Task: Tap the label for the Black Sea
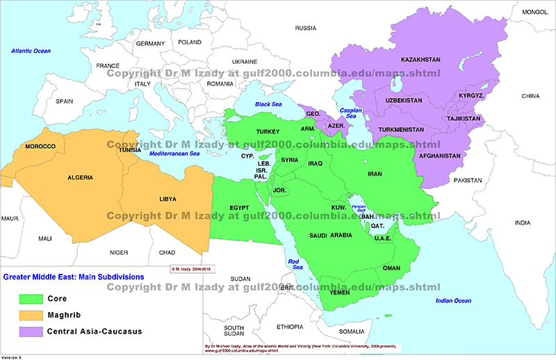pos(268,104)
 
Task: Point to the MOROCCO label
pos(40,147)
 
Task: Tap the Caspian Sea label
pos(351,114)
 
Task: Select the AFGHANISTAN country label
pos(441,156)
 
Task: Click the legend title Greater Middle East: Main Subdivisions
pos(74,277)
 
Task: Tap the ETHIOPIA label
pos(290,327)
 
